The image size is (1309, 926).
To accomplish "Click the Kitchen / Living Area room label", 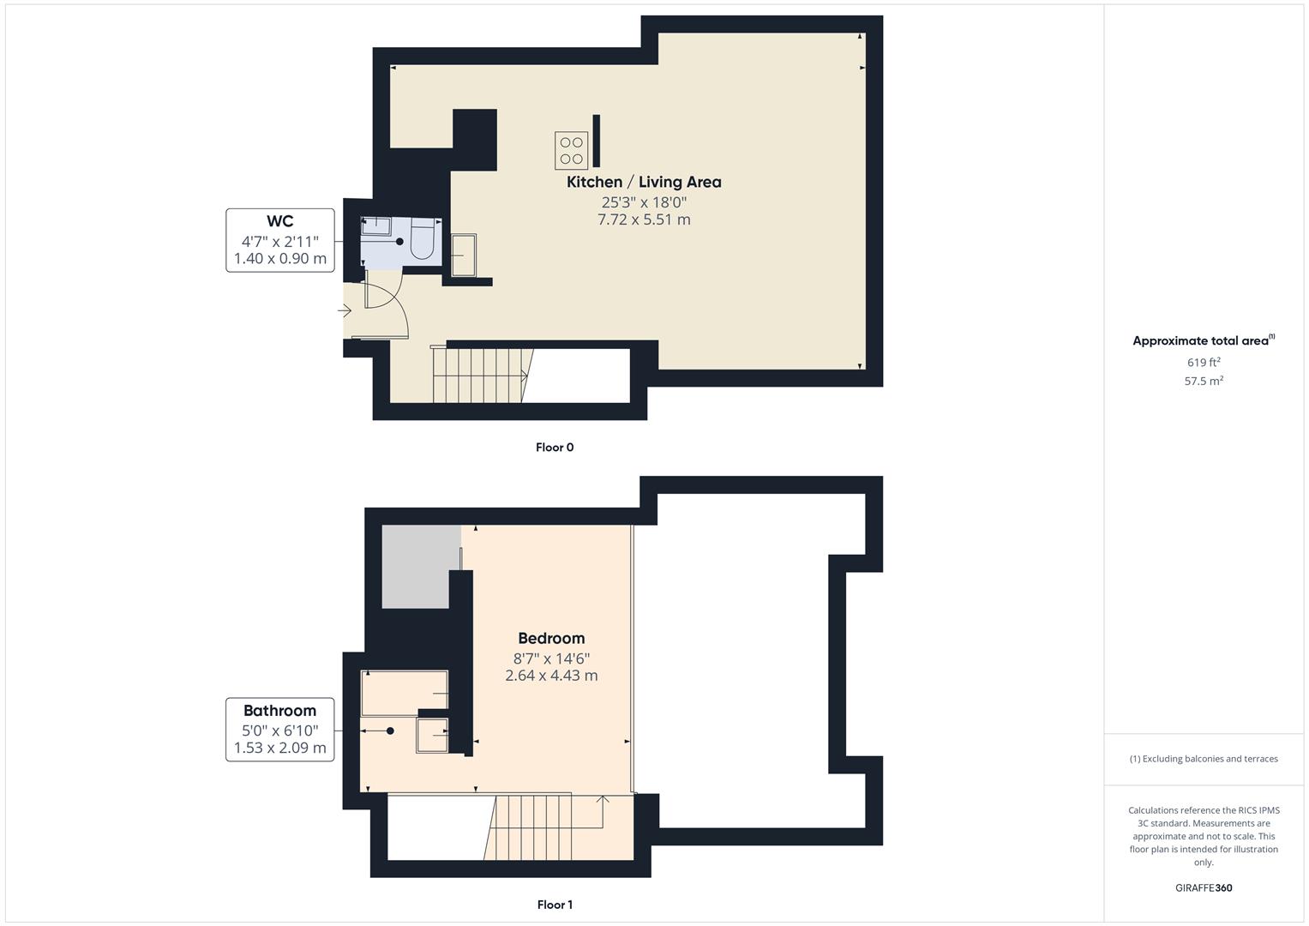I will [x=644, y=182].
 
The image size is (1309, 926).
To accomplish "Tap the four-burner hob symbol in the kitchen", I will [x=571, y=150].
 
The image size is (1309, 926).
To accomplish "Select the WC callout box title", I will [x=280, y=221].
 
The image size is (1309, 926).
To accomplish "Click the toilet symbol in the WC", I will [x=422, y=241].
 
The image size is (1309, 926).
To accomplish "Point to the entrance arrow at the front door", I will [x=344, y=310].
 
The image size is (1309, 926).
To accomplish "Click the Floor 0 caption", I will [x=555, y=447].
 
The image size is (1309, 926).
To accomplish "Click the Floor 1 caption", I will [x=555, y=905].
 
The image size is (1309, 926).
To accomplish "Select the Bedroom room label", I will [x=551, y=638].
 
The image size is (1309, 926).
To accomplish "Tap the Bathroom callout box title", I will [x=279, y=710].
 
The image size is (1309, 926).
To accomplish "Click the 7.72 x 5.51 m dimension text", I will [x=644, y=219].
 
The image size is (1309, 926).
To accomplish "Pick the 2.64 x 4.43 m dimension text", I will [x=551, y=676].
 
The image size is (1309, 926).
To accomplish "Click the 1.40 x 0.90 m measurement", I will [x=280, y=258].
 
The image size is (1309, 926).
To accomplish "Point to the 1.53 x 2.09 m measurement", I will [x=280, y=748].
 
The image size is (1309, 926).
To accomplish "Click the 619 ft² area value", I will [x=1204, y=362].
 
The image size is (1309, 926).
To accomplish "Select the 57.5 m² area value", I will [x=1204, y=381].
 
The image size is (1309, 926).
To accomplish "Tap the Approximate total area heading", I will [x=1203, y=340].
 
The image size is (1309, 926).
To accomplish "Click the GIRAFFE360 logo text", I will [x=1204, y=887].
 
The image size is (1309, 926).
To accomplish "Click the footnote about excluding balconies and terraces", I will [x=1204, y=759].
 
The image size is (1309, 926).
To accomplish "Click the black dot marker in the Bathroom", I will [x=390, y=731].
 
